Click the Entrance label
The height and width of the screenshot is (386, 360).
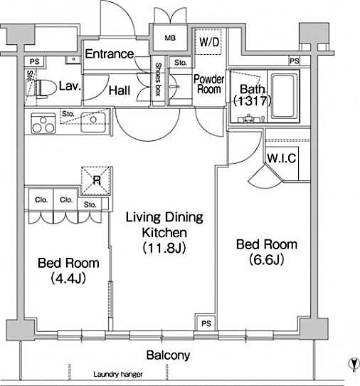point(110,54)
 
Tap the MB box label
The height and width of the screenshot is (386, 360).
point(171,38)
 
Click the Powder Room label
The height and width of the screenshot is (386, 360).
point(209,84)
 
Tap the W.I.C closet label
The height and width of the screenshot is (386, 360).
point(282,158)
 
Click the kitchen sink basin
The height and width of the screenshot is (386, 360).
point(92,119)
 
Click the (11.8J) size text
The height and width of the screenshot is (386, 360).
point(165,248)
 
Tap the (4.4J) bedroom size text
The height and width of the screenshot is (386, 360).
point(68,278)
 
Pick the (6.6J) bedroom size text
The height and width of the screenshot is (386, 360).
point(266,259)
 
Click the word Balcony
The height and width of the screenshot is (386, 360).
point(168,355)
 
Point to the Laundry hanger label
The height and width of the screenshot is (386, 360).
point(118,375)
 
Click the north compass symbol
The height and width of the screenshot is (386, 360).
point(351,365)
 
